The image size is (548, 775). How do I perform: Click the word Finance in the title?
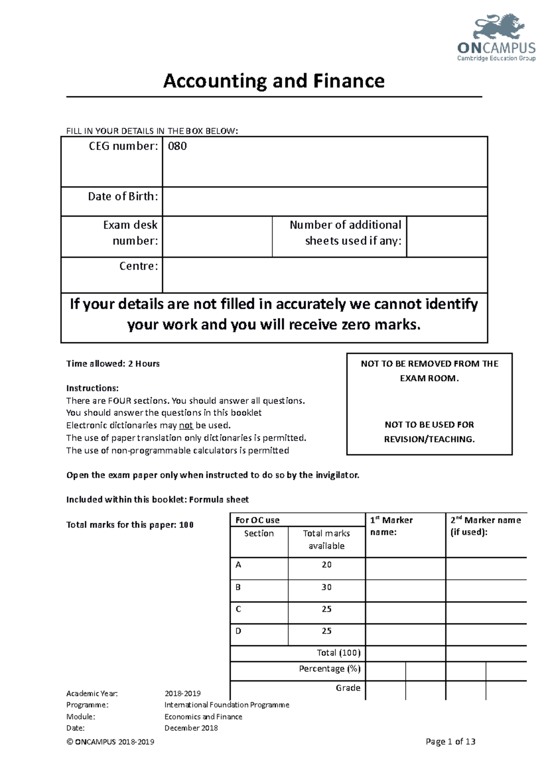(x=348, y=81)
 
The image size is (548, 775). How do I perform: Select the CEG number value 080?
(x=177, y=147)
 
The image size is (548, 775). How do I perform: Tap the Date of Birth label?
(x=123, y=197)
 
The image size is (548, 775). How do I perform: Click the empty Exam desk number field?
(x=217, y=236)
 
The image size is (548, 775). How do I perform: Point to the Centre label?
(x=138, y=266)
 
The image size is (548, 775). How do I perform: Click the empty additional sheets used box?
(x=447, y=236)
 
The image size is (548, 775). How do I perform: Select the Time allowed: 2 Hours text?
(x=113, y=364)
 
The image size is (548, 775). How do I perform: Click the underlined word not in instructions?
(x=186, y=425)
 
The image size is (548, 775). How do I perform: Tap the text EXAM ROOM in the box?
(x=429, y=378)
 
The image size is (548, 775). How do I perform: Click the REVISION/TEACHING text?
(x=429, y=439)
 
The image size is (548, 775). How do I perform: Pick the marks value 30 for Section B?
(x=326, y=587)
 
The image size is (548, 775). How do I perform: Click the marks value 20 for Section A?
(x=326, y=565)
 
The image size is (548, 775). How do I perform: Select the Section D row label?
(x=238, y=631)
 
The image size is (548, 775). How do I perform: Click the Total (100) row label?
(x=338, y=653)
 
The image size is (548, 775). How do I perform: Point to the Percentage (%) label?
(x=329, y=669)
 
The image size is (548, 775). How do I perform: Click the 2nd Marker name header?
(x=485, y=520)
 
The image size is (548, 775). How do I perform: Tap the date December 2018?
(x=191, y=728)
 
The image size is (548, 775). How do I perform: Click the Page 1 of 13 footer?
(x=450, y=742)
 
